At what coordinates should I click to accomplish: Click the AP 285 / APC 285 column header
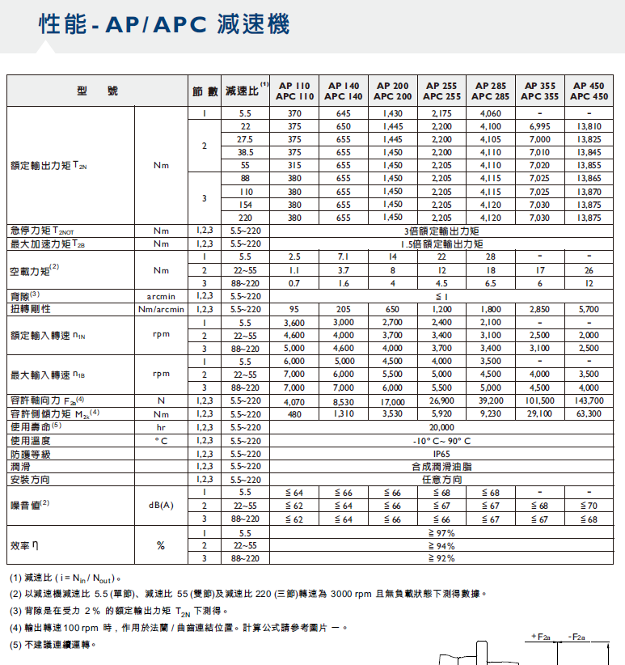[491, 91]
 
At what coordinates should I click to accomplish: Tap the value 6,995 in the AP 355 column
[539, 126]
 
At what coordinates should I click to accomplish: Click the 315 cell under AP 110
[294, 165]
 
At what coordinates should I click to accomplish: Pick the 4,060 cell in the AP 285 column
[491, 113]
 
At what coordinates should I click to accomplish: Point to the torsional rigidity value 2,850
[539, 309]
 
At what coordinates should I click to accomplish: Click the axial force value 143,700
[589, 400]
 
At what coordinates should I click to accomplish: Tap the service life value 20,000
[441, 426]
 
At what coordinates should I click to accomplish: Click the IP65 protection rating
[441, 453]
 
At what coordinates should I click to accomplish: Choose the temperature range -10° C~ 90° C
[441, 440]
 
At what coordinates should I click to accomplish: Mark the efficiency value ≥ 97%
[441, 532]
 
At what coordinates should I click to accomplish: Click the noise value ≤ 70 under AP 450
[589, 506]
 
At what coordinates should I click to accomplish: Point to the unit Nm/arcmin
[161, 309]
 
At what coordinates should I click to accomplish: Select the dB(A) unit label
[161, 506]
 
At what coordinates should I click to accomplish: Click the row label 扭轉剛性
[31, 309]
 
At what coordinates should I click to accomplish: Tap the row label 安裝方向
[31, 480]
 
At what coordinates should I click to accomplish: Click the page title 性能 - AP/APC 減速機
[163, 26]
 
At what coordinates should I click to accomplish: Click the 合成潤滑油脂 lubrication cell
[441, 467]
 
